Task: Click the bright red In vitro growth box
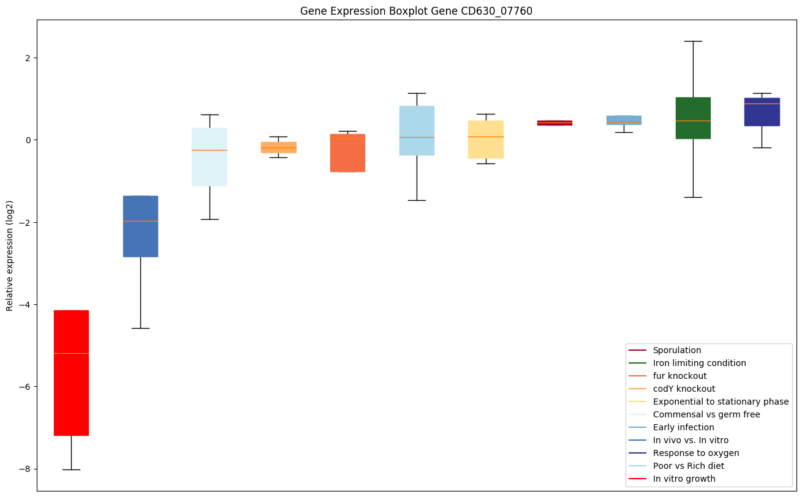[71, 373]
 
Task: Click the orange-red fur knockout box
[347, 153]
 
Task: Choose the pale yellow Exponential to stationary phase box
[486, 140]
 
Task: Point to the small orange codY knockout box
[279, 148]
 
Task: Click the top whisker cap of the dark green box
[693, 41]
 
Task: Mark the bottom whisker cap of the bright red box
[71, 469]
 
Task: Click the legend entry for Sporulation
[676, 350]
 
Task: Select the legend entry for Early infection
[683, 427]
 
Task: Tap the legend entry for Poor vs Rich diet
[688, 466]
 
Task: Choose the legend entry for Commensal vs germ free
[706, 414]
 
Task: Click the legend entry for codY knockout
[684, 389]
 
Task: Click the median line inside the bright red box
[71, 353]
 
